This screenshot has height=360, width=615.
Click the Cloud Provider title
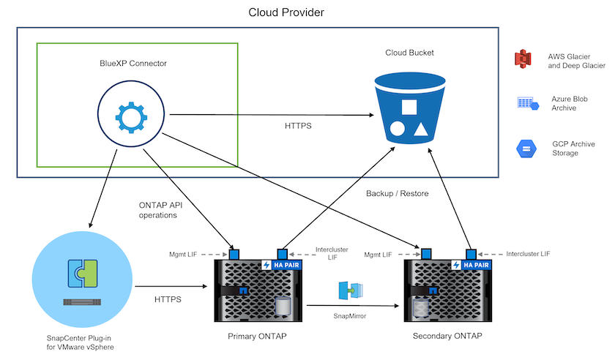[286, 12]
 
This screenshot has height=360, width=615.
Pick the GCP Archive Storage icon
[526, 149]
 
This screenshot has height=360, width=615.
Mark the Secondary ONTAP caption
[447, 336]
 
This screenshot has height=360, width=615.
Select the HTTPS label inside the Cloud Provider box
[299, 126]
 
